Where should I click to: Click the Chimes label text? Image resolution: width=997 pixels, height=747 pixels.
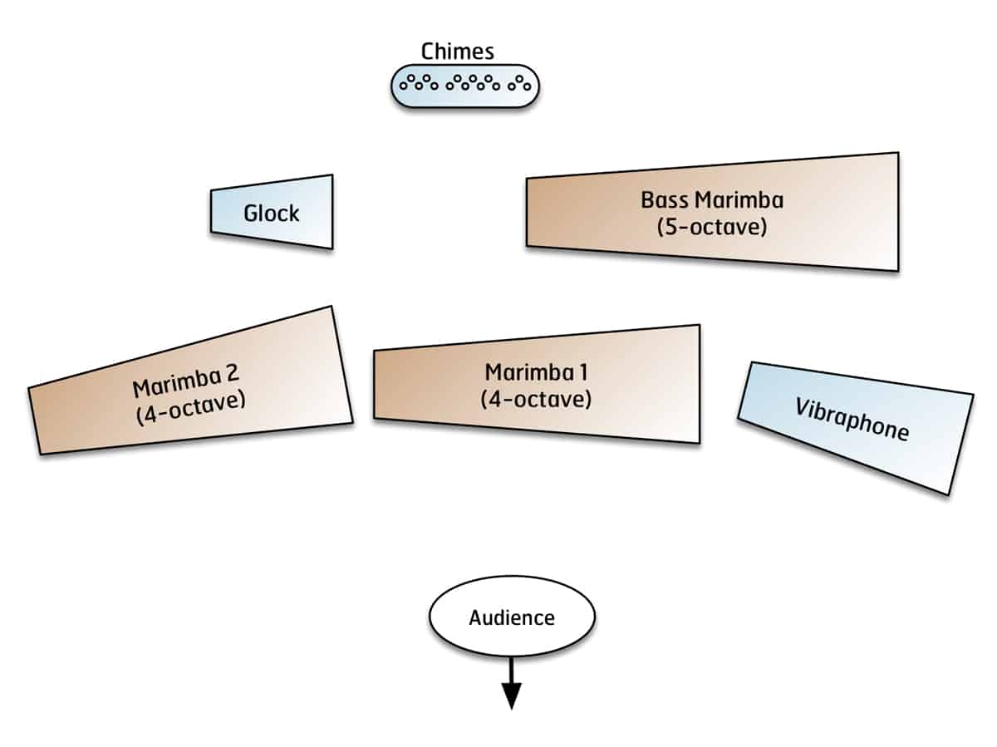coord(457,52)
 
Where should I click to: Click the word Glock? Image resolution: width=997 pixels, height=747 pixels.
coord(271,214)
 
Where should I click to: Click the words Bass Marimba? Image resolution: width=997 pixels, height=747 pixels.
coord(712,200)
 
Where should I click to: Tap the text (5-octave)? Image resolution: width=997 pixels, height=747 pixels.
coord(712,226)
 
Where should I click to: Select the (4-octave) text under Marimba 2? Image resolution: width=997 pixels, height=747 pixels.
coord(192,408)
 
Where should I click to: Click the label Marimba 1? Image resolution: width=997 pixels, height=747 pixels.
coord(535,372)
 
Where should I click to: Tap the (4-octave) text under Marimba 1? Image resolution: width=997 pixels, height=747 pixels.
coord(536,399)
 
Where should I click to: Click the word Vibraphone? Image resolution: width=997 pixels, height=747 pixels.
coord(852,419)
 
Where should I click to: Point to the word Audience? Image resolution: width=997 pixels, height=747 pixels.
coord(512,618)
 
